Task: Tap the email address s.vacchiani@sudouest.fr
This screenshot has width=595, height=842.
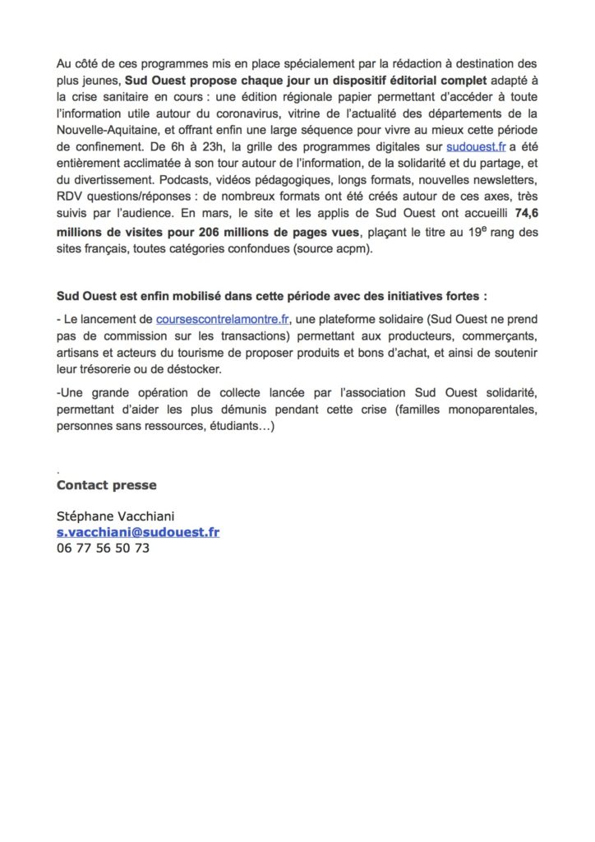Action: point(137,532)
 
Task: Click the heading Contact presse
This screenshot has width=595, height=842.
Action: point(106,485)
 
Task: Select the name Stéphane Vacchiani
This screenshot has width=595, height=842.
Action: point(116,516)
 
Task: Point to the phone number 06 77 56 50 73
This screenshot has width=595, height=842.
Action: point(103,548)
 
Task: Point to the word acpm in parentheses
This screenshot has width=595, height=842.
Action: point(353,248)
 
